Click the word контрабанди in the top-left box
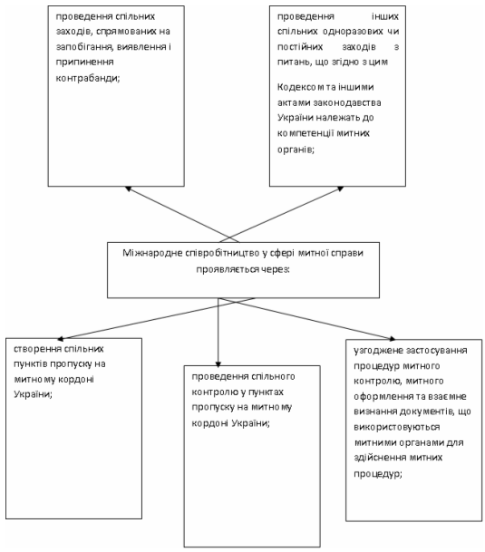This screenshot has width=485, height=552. [88, 78]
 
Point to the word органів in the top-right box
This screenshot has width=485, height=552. [296, 150]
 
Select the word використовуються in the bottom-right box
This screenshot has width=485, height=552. [397, 427]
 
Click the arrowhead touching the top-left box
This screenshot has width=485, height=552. [128, 189]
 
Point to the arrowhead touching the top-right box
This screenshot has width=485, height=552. [341, 189]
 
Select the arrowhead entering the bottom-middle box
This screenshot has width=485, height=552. [218, 364]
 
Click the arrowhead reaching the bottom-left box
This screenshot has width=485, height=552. [60, 339]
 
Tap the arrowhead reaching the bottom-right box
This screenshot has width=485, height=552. [392, 339]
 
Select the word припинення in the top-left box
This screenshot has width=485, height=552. [84, 63]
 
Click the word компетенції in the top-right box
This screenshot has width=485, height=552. [306, 133]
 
